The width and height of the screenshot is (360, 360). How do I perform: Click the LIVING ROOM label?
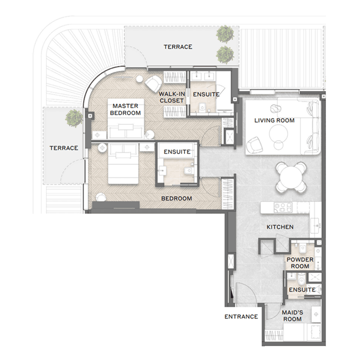(274, 120)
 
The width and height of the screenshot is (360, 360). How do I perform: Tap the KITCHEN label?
(280, 227)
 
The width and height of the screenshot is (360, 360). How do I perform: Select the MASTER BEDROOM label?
(126, 109)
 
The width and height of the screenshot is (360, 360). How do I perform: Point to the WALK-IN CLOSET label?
(172, 97)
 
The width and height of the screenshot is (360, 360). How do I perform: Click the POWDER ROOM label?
(300, 263)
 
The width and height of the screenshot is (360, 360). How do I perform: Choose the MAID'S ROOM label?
(292, 316)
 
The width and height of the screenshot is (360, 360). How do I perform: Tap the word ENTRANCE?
(241, 317)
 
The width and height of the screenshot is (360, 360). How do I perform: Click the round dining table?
(291, 177)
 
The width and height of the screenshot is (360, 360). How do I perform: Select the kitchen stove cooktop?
(283, 207)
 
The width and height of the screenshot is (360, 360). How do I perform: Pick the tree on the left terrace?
(74, 118)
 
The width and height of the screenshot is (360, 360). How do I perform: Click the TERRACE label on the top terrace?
(178, 47)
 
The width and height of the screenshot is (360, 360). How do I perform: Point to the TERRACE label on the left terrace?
(64, 148)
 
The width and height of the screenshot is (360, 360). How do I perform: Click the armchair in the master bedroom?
(153, 84)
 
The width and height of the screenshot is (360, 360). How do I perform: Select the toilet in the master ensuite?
(202, 107)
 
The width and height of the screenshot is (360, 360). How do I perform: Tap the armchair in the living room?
(254, 145)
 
